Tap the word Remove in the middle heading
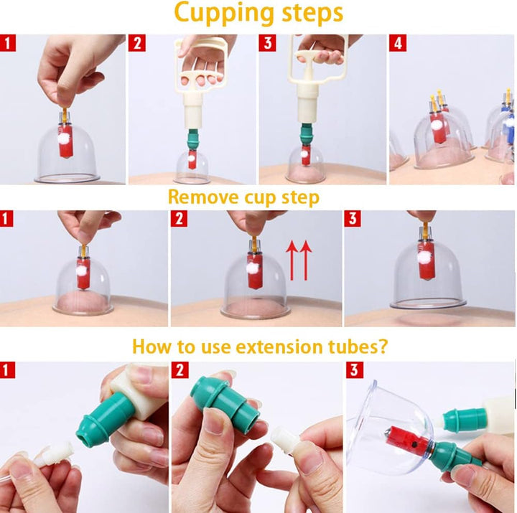pos(201,197)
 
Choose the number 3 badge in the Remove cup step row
pos(353,218)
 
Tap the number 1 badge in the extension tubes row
pos(8,371)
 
